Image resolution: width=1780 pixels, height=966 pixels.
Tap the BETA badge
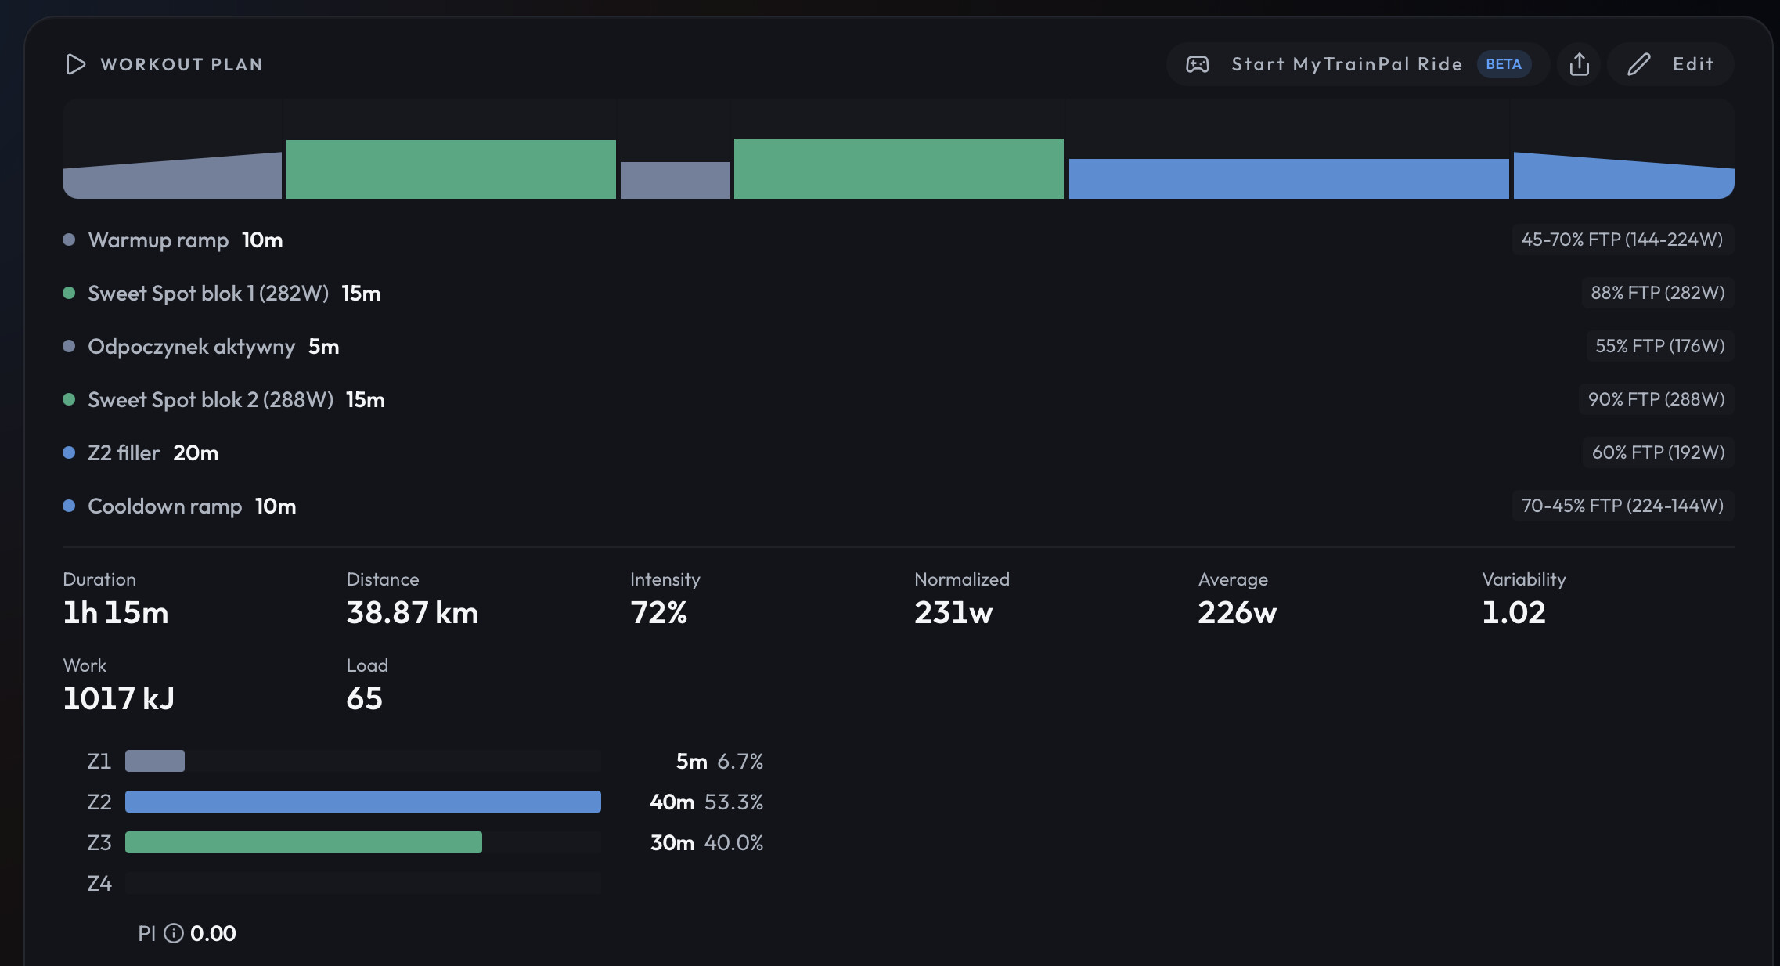pyautogui.click(x=1504, y=64)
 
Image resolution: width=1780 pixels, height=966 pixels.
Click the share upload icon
pyautogui.click(x=1580, y=64)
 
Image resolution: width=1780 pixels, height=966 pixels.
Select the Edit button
pyautogui.click(x=1670, y=64)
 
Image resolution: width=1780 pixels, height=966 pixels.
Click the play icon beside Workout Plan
pyautogui.click(x=75, y=64)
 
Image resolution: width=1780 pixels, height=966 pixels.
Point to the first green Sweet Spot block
pyautogui.click(x=451, y=169)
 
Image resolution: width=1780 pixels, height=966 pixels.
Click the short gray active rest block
pyautogui.click(x=675, y=180)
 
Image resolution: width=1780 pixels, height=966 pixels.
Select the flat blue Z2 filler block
pyautogui.click(x=1288, y=178)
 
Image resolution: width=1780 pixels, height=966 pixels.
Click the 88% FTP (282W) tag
pyautogui.click(x=1658, y=293)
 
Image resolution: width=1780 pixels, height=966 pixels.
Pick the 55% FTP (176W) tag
pyautogui.click(x=1660, y=346)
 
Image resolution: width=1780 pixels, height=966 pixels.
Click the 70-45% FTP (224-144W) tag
pyautogui.click(x=1623, y=506)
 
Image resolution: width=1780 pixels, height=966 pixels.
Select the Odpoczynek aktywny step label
pyautogui.click(x=192, y=346)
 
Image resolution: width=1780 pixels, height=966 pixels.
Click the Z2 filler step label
pyautogui.click(x=124, y=452)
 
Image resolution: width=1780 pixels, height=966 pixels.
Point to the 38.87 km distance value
pyautogui.click(x=413, y=612)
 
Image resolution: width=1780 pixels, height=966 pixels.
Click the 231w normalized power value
pyautogui.click(x=953, y=612)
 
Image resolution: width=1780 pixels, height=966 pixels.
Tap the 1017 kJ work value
pyautogui.click(x=119, y=698)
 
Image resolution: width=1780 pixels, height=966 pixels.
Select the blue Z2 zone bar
pyautogui.click(x=363, y=802)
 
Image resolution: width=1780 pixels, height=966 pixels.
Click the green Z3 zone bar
pyautogui.click(x=304, y=842)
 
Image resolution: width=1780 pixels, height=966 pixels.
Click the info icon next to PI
pyautogui.click(x=174, y=933)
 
